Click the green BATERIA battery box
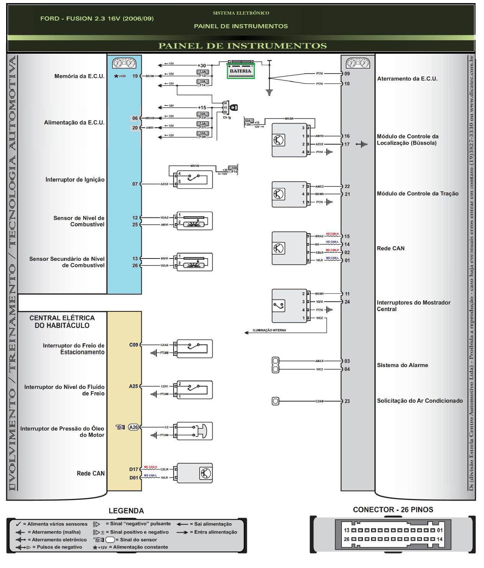[x=240, y=71]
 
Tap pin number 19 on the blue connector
[x=135, y=76]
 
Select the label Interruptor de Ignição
[x=75, y=179]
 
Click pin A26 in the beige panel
[x=133, y=427]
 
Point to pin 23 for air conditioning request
[x=347, y=401]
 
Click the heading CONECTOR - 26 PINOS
[x=393, y=510]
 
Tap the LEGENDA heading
[x=126, y=511]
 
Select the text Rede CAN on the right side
[x=390, y=249]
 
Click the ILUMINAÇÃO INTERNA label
[x=269, y=330]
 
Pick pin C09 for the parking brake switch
[x=133, y=345]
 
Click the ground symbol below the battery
[x=269, y=92]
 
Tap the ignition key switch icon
[x=233, y=108]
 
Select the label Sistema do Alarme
[x=402, y=365]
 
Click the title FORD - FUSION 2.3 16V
[x=97, y=18]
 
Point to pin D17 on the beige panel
[x=133, y=469]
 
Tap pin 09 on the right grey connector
[x=347, y=74]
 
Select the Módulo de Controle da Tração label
[x=417, y=194]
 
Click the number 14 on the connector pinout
[x=440, y=539]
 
